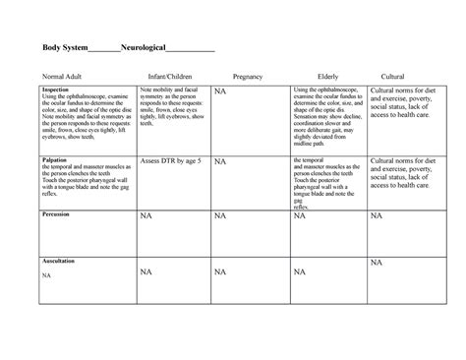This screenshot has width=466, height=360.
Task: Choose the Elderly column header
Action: click(328, 76)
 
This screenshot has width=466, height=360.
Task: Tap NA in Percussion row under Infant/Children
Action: click(146, 217)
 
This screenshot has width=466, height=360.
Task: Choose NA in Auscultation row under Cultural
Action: click(376, 263)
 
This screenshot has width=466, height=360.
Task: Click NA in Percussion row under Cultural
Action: click(376, 217)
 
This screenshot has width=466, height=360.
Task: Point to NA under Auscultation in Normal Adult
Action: click(46, 276)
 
